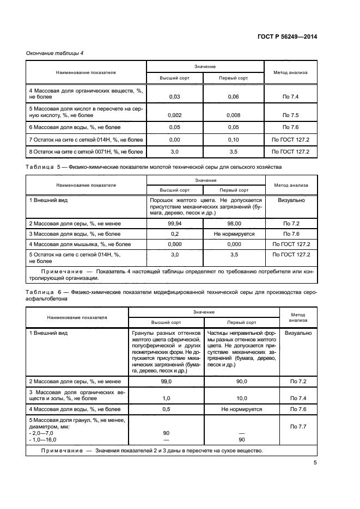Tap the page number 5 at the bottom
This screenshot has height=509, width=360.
pyautogui.click(x=315, y=463)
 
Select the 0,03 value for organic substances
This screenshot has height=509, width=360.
pyautogui.click(x=175, y=96)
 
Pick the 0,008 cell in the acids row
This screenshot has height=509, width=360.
pyautogui.click(x=233, y=115)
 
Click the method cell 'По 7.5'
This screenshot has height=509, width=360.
pyautogui.click(x=291, y=115)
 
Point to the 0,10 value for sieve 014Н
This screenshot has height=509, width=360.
pyautogui.click(x=233, y=139)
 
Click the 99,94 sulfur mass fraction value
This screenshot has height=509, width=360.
pyautogui.click(x=175, y=223)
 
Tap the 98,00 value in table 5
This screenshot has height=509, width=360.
pyautogui.click(x=233, y=223)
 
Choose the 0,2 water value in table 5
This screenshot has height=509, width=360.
pyautogui.click(x=175, y=234)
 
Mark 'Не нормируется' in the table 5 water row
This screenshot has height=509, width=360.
pyautogui.click(x=233, y=234)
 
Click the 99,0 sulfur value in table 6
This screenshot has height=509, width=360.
pyautogui.click(x=166, y=382)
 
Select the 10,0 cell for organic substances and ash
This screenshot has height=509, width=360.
pyautogui.click(x=241, y=398)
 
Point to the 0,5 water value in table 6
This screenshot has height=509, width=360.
pyautogui.click(x=166, y=409)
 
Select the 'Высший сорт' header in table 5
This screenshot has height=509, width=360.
pyautogui.click(x=175, y=190)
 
